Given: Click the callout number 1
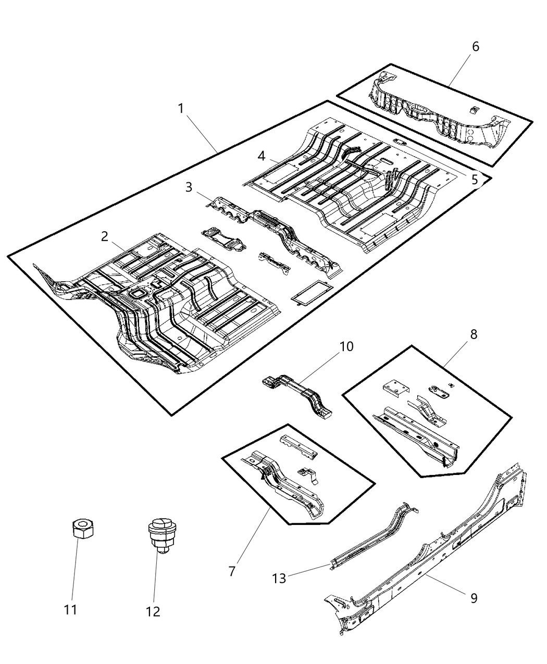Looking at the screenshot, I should [180, 109].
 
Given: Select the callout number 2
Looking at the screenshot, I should [105, 236].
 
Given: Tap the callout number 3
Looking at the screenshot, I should [189, 187].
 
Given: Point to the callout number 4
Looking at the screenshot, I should [262, 156].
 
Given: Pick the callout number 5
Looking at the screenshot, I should [474, 180].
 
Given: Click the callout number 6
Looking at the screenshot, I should [475, 47].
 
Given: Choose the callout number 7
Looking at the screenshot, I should [232, 571].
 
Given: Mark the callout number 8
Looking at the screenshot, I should [473, 334].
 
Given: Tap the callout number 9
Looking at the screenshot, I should [474, 598].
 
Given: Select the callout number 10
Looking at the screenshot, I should [346, 346].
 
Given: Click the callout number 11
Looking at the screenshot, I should [70, 609].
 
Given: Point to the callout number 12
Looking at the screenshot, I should [153, 612].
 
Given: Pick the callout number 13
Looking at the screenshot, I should [279, 579].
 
